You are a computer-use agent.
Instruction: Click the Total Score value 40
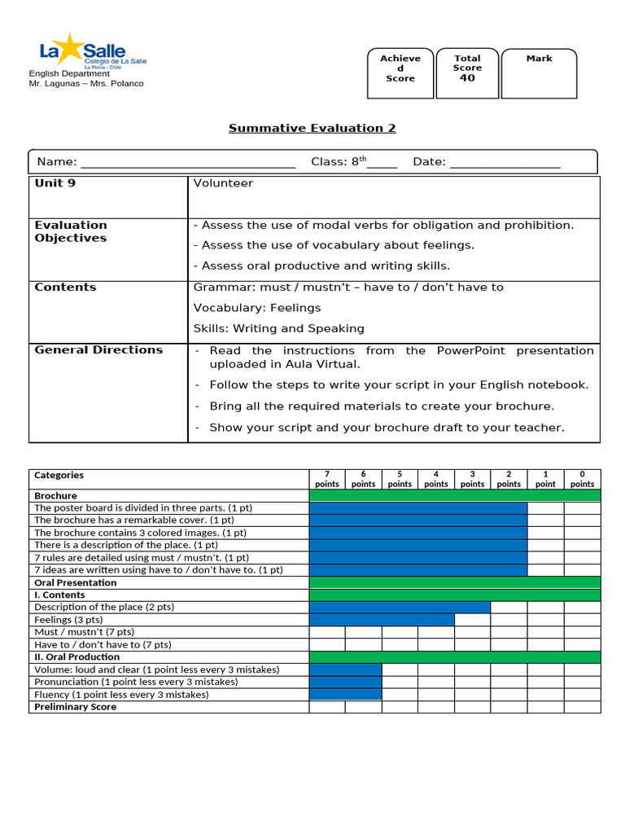pyautogui.click(x=467, y=78)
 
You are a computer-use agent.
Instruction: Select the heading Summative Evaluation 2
pyautogui.click(x=312, y=128)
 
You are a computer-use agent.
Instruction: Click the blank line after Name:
pyautogui.click(x=188, y=162)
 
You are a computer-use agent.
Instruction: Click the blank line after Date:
pyautogui.click(x=505, y=162)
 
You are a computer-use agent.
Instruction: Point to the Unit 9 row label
pyautogui.click(x=55, y=183)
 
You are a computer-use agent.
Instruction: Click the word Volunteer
pyautogui.click(x=223, y=183)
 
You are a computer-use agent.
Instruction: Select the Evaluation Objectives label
pyautogui.click(x=71, y=231)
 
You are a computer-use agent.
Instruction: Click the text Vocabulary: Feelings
pyautogui.click(x=257, y=308)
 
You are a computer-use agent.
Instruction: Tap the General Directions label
pyautogui.click(x=98, y=350)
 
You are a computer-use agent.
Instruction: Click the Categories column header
pyautogui.click(x=59, y=475)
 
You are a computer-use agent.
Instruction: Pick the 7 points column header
pyautogui.click(x=326, y=479)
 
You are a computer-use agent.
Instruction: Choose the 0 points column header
pyautogui.click(x=582, y=479)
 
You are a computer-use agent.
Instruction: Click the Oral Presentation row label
pyautogui.click(x=76, y=582)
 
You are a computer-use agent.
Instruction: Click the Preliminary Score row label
pyautogui.click(x=75, y=707)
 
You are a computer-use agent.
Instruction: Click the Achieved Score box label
pyautogui.click(x=400, y=68)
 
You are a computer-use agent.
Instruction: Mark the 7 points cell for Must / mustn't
pyautogui.click(x=326, y=632)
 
